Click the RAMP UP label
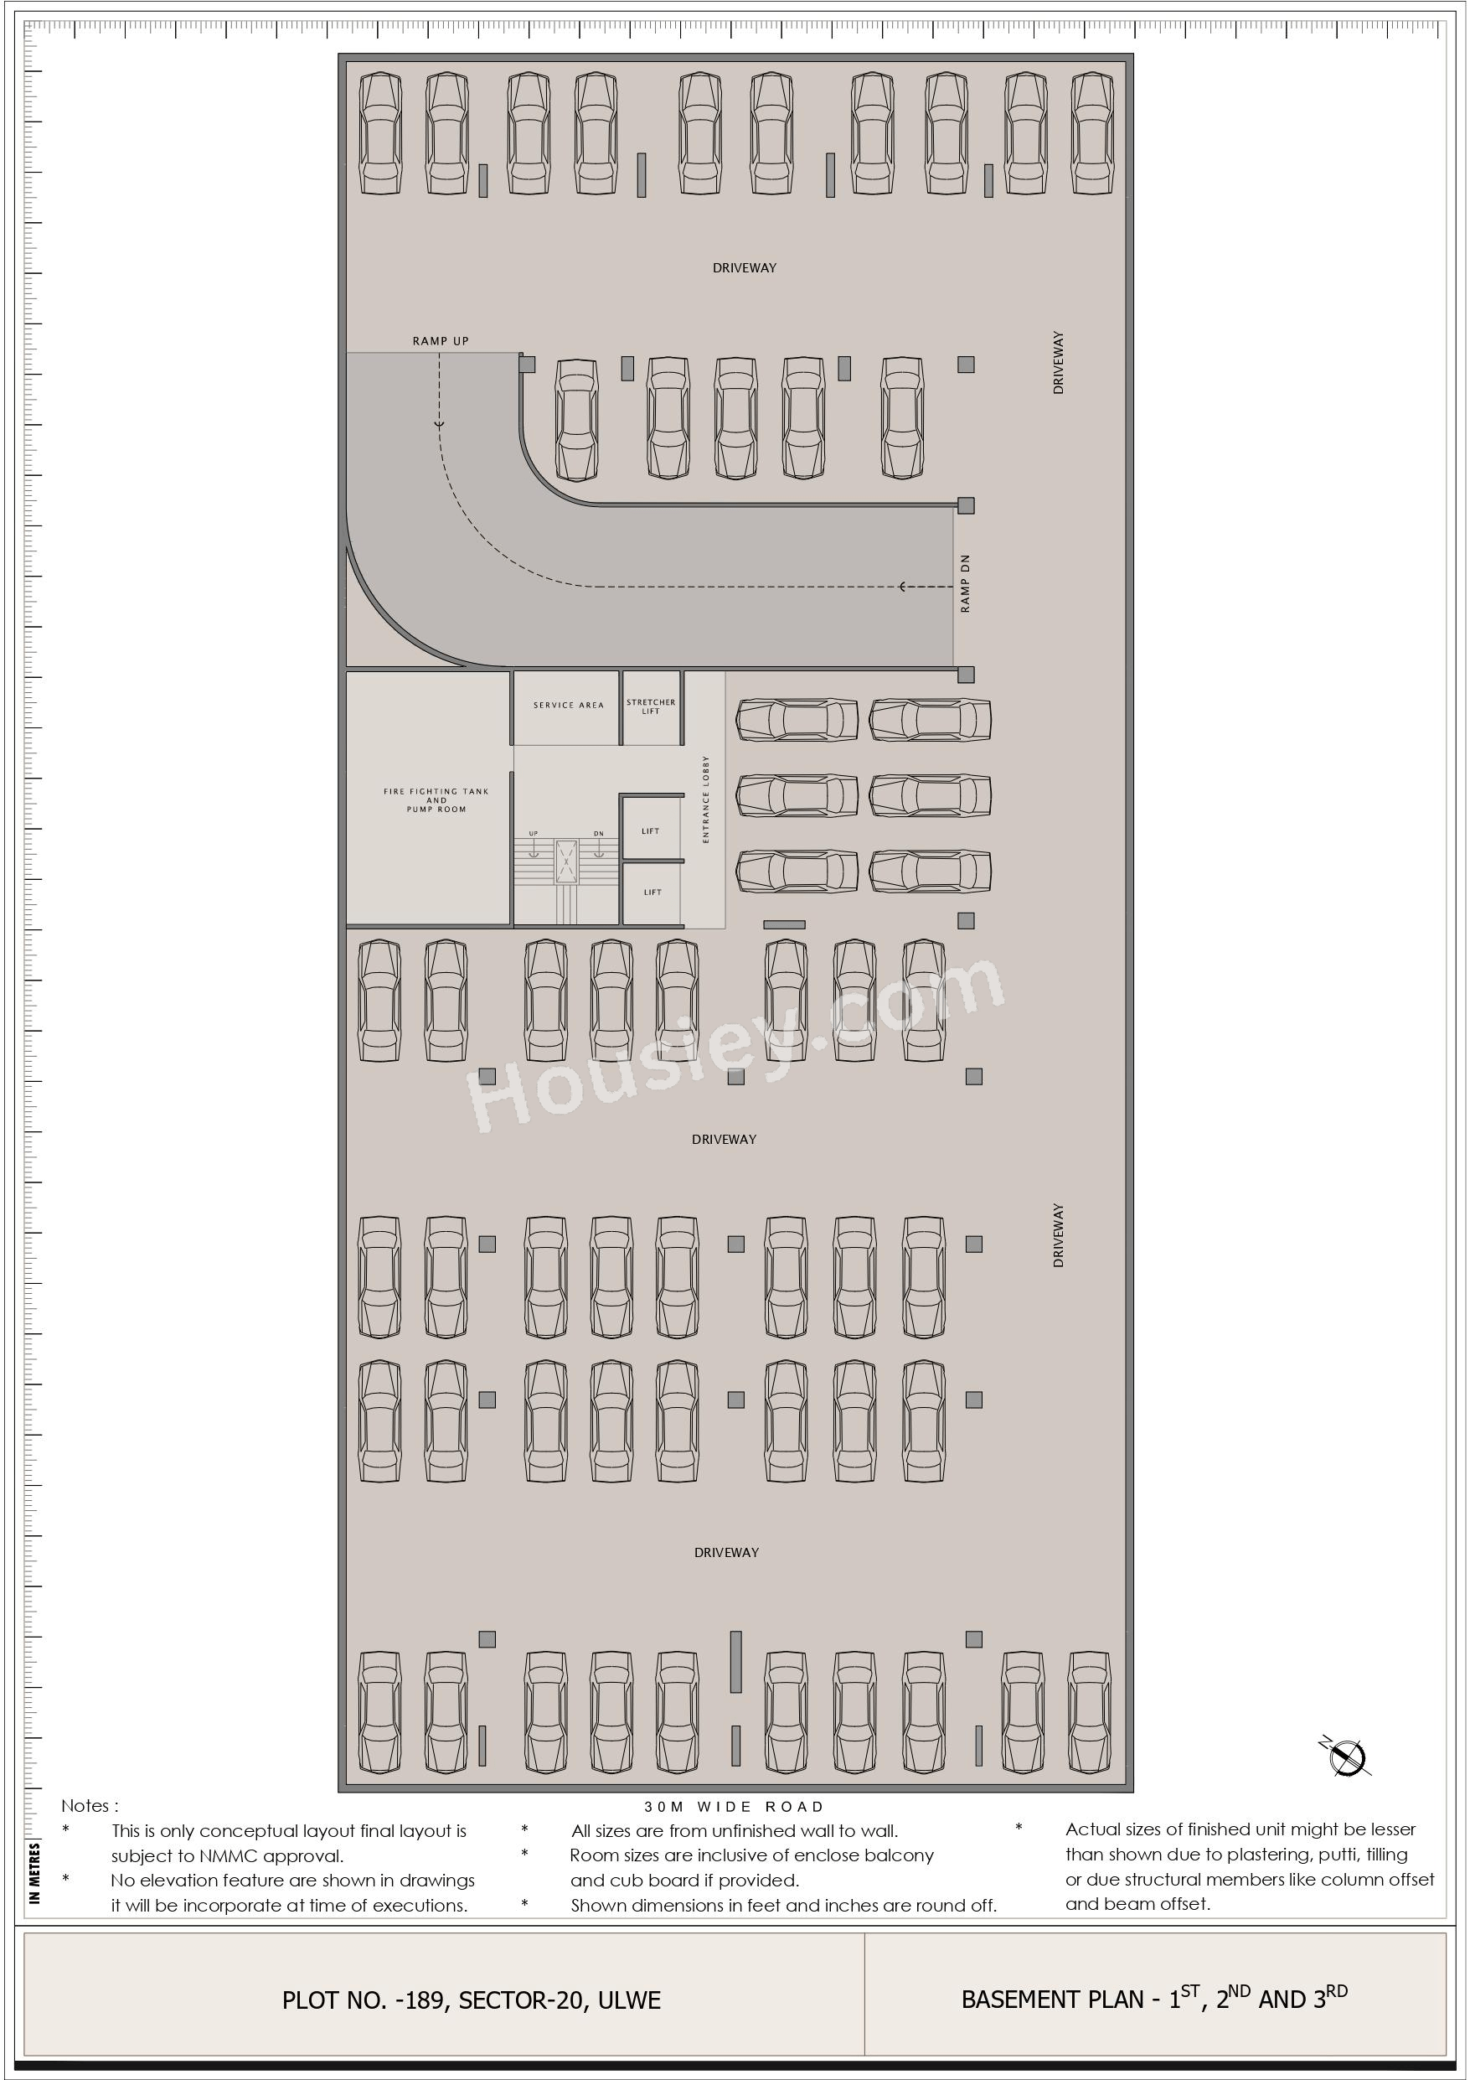(x=441, y=340)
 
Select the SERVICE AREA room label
(x=568, y=705)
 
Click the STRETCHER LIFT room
(x=651, y=707)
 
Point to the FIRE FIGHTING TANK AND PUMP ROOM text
(x=436, y=800)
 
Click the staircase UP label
(x=534, y=834)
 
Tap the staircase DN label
(x=599, y=834)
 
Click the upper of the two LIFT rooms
(x=651, y=828)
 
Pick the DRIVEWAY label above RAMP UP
(x=744, y=268)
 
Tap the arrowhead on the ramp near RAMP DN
(x=902, y=587)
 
